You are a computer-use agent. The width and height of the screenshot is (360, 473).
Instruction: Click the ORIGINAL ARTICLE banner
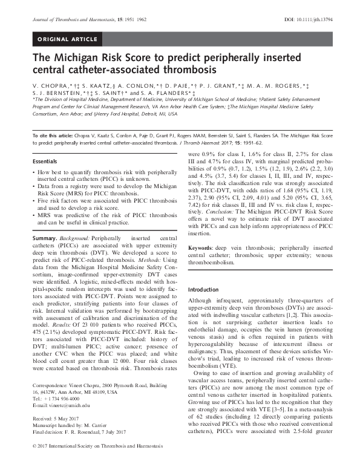pos(67,40)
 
